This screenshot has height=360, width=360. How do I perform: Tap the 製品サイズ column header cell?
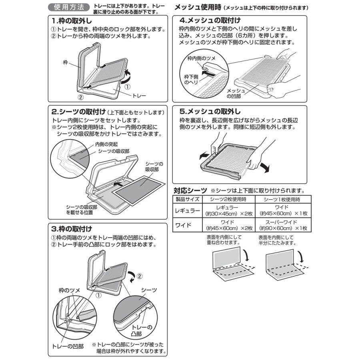point(186,199)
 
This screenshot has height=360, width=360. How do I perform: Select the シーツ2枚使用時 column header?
point(228,199)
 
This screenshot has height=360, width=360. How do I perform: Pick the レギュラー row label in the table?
point(186,210)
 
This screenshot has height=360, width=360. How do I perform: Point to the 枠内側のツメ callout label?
point(202,58)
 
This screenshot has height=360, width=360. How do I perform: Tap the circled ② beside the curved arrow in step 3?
point(139,276)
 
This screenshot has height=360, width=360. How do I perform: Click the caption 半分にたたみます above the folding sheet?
point(276,243)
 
